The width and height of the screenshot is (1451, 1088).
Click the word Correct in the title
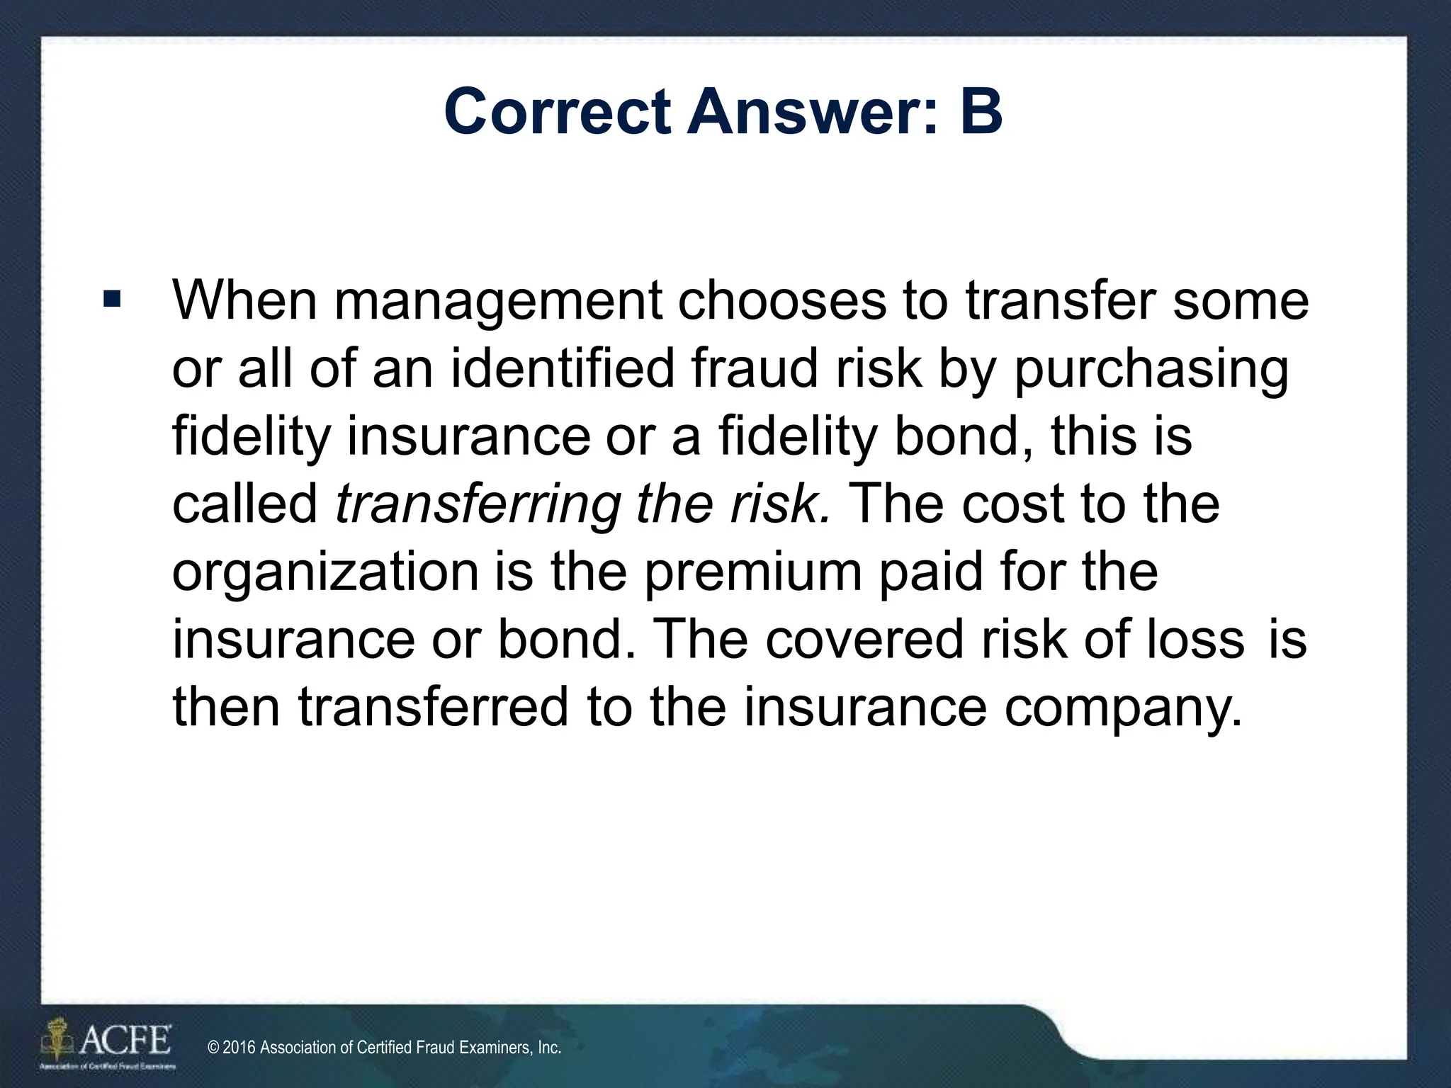[x=557, y=113]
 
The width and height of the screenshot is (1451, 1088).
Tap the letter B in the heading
[x=981, y=113]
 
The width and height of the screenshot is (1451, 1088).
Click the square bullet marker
[x=111, y=297]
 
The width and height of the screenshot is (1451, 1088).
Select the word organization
[x=325, y=573]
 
